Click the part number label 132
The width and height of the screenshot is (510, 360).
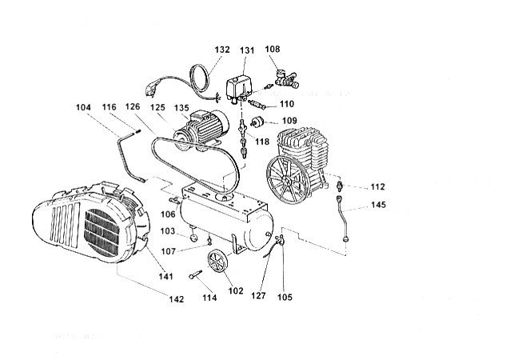coord(222,50)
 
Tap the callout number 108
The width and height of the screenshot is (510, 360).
coord(273,49)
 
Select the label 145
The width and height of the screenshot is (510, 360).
coord(378,205)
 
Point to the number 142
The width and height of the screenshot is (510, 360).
coord(177,299)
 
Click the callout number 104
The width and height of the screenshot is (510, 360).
coord(83,107)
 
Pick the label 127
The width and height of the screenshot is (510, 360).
coord(258,295)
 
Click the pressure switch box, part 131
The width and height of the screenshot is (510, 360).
coord(238,87)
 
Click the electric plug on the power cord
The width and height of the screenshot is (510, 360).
coord(150,90)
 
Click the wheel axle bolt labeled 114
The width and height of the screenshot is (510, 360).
coord(195,274)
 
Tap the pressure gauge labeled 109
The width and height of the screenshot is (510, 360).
coord(257,122)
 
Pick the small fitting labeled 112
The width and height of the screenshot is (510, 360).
coord(340,186)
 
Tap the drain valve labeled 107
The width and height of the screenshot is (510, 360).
coord(209,240)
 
